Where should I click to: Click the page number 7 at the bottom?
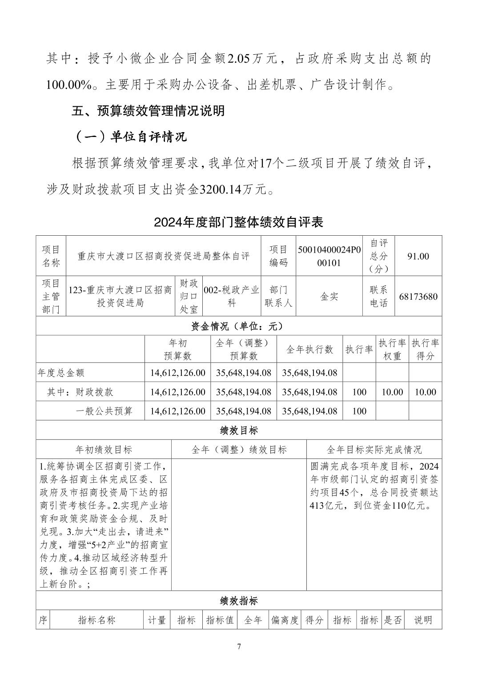pyautogui.click(x=239, y=646)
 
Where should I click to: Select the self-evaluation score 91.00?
pyautogui.click(x=418, y=256)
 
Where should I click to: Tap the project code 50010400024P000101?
pyautogui.click(x=329, y=256)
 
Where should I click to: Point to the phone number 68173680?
pyautogui.click(x=418, y=297)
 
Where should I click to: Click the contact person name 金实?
pyautogui.click(x=329, y=297)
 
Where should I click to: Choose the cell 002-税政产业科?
pyautogui.click(x=231, y=297)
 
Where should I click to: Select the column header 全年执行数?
pyautogui.click(x=309, y=350)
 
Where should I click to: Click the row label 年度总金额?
pyautogui.click(x=61, y=373)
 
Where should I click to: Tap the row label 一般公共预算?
pyautogui.click(x=104, y=411)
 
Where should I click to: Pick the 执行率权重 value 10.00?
pyautogui.click(x=392, y=392)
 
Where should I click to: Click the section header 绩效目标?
pyautogui.click(x=239, y=430)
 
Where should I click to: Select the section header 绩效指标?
pyautogui.click(x=239, y=601)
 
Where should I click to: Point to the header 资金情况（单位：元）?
pyautogui.click(x=239, y=326)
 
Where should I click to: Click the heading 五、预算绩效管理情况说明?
pyautogui.click(x=148, y=111)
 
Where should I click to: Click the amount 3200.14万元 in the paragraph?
pyautogui.click(x=233, y=190)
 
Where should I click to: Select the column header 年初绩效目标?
pyautogui.click(x=104, y=450)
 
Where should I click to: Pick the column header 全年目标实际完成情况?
pyautogui.click(x=374, y=450)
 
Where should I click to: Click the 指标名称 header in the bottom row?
pyautogui.click(x=96, y=620)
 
